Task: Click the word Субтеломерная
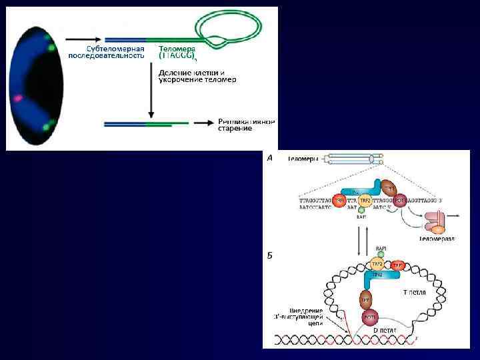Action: pyautogui.click(x=115, y=49)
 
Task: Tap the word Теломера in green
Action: pyautogui.click(x=177, y=49)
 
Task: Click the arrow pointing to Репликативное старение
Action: pyautogui.click(x=202, y=123)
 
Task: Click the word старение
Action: pyautogui.click(x=235, y=128)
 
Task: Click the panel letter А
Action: pyautogui.click(x=269, y=159)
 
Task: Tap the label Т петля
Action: pyautogui.click(x=415, y=293)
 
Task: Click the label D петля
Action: pyautogui.click(x=385, y=330)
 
